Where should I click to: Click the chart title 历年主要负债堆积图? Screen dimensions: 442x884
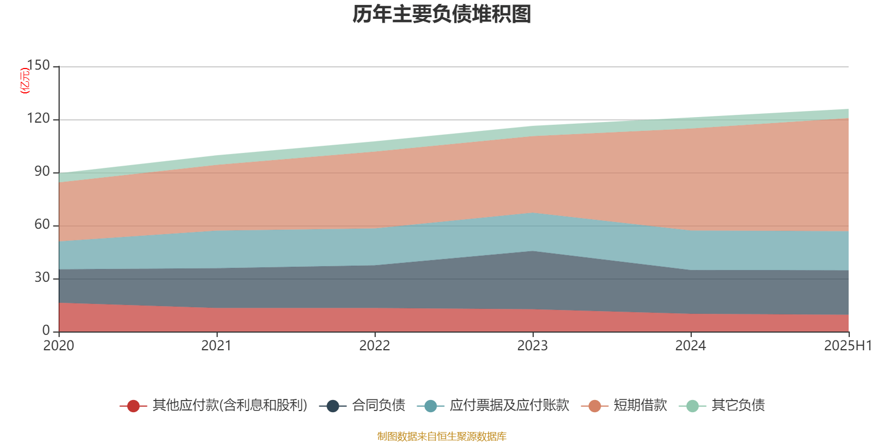(442, 14)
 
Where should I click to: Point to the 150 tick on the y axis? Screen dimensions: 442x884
(38, 66)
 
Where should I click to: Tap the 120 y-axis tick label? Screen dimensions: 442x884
(38, 119)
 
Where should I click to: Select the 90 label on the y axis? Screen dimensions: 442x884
(42, 172)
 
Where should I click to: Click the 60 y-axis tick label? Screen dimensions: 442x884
(42, 225)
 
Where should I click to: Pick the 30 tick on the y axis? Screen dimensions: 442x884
(42, 278)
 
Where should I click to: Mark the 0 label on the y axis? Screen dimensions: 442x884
(46, 330)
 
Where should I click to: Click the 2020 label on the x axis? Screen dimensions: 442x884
(59, 346)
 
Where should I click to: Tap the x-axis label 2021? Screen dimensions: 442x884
(217, 346)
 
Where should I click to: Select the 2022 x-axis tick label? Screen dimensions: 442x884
(375, 346)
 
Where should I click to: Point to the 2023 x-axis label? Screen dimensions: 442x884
(533, 346)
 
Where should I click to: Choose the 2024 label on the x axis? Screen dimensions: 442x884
(691, 346)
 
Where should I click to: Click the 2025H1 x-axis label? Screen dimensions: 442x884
(848, 346)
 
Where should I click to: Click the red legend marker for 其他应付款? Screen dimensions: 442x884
(133, 406)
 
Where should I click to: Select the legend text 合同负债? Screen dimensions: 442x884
(378, 406)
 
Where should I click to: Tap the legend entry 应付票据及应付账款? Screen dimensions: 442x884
(509, 406)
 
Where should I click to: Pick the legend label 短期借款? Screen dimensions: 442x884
(640, 406)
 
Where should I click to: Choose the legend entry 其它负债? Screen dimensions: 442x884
(738, 406)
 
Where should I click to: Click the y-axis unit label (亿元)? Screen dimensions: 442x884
(25, 81)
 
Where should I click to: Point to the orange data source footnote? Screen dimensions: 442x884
(441, 436)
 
